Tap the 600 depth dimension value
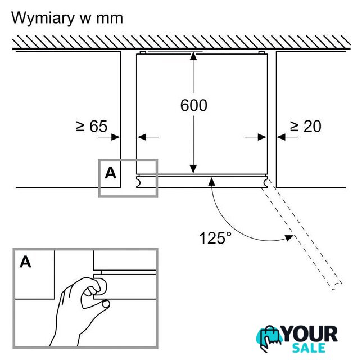(193, 105)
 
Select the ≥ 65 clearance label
(92, 127)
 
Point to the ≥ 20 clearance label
(305, 127)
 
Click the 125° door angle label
(215, 238)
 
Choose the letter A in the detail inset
(25, 262)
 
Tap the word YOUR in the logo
(309, 334)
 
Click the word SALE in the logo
(311, 348)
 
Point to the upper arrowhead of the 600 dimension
(193, 57)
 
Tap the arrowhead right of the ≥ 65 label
(116, 136)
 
